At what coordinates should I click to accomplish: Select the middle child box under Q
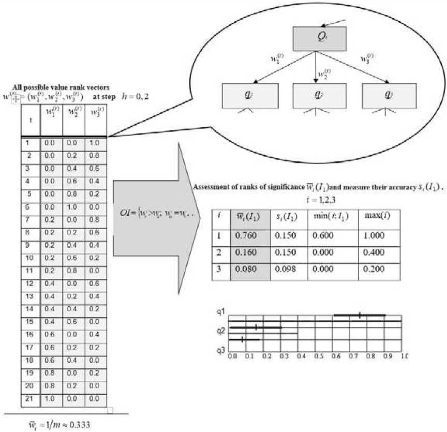point(315,96)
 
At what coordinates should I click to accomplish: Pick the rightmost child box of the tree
point(385,96)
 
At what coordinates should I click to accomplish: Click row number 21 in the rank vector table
point(29,399)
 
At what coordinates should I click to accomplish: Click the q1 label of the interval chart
point(221,312)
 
